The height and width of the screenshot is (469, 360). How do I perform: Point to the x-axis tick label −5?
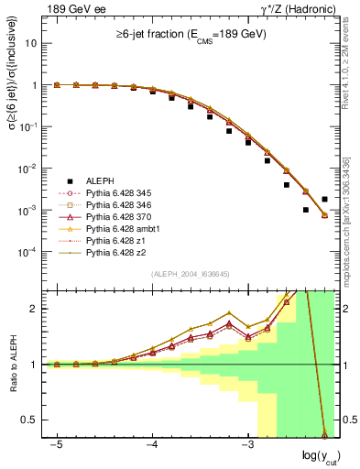57,443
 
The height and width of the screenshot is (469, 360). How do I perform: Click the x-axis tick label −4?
152,443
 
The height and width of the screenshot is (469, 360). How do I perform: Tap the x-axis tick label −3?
246,443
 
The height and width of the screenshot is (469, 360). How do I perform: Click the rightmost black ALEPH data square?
325,199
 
